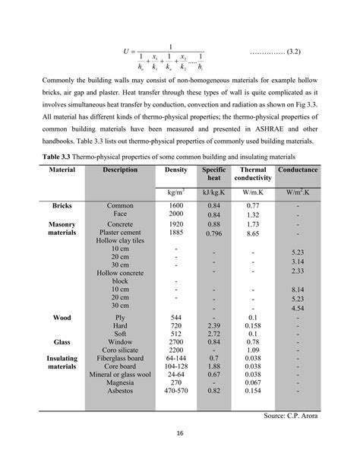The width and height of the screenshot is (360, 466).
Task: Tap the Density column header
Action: [176, 170]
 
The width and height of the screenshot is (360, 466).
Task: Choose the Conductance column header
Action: [298, 170]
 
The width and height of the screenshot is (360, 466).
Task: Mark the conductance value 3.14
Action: [298, 261]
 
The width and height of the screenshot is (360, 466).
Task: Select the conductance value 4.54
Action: [298, 308]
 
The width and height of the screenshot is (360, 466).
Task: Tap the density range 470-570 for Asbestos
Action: [176, 390]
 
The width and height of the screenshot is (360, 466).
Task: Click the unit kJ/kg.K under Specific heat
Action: [214, 192]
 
